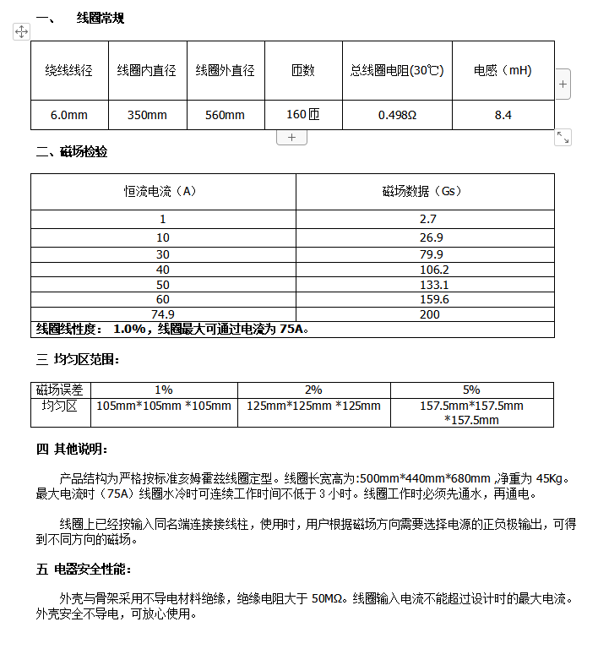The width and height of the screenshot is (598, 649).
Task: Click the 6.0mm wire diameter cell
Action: point(68,115)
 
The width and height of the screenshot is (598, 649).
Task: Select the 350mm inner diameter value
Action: point(147,115)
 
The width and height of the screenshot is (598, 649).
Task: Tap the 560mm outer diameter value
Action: point(225,115)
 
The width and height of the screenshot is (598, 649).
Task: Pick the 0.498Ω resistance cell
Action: point(397,115)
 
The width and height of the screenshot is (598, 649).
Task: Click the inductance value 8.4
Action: point(503,115)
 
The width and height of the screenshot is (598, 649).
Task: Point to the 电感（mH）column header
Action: point(503,71)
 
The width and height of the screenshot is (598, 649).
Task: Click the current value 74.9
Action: point(162,314)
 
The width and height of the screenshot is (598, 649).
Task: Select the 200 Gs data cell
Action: point(430,314)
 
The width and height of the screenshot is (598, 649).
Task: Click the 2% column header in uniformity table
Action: point(313,390)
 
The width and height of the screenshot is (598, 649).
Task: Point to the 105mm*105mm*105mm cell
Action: point(164,406)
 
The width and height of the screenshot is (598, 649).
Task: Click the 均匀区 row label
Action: point(59,406)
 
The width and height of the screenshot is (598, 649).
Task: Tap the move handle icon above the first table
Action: point(22,31)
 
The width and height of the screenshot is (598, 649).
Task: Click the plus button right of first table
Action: point(563,85)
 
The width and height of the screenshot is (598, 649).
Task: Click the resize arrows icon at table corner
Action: point(563,137)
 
